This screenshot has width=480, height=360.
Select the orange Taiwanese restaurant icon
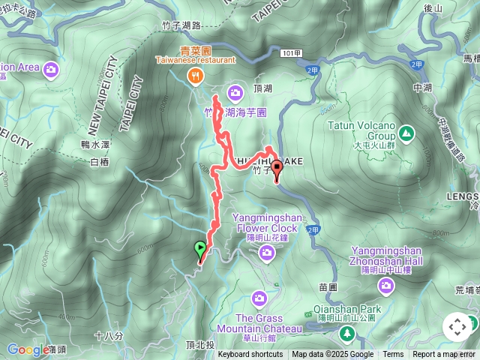[x=196, y=74]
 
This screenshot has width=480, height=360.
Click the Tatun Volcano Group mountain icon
[x=406, y=133]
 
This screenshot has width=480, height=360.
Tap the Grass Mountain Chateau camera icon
[x=259, y=298]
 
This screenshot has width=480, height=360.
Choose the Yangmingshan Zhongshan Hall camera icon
[x=385, y=285]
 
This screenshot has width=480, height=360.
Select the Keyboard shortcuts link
[x=250, y=355]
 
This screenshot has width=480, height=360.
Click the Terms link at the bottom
[x=393, y=355]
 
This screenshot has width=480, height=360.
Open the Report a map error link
[x=445, y=355]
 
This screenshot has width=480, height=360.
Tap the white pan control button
[x=457, y=327]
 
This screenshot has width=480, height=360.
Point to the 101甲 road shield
[x=293, y=54]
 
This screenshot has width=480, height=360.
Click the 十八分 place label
[x=109, y=335]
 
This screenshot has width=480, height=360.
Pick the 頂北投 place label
[x=200, y=346]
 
